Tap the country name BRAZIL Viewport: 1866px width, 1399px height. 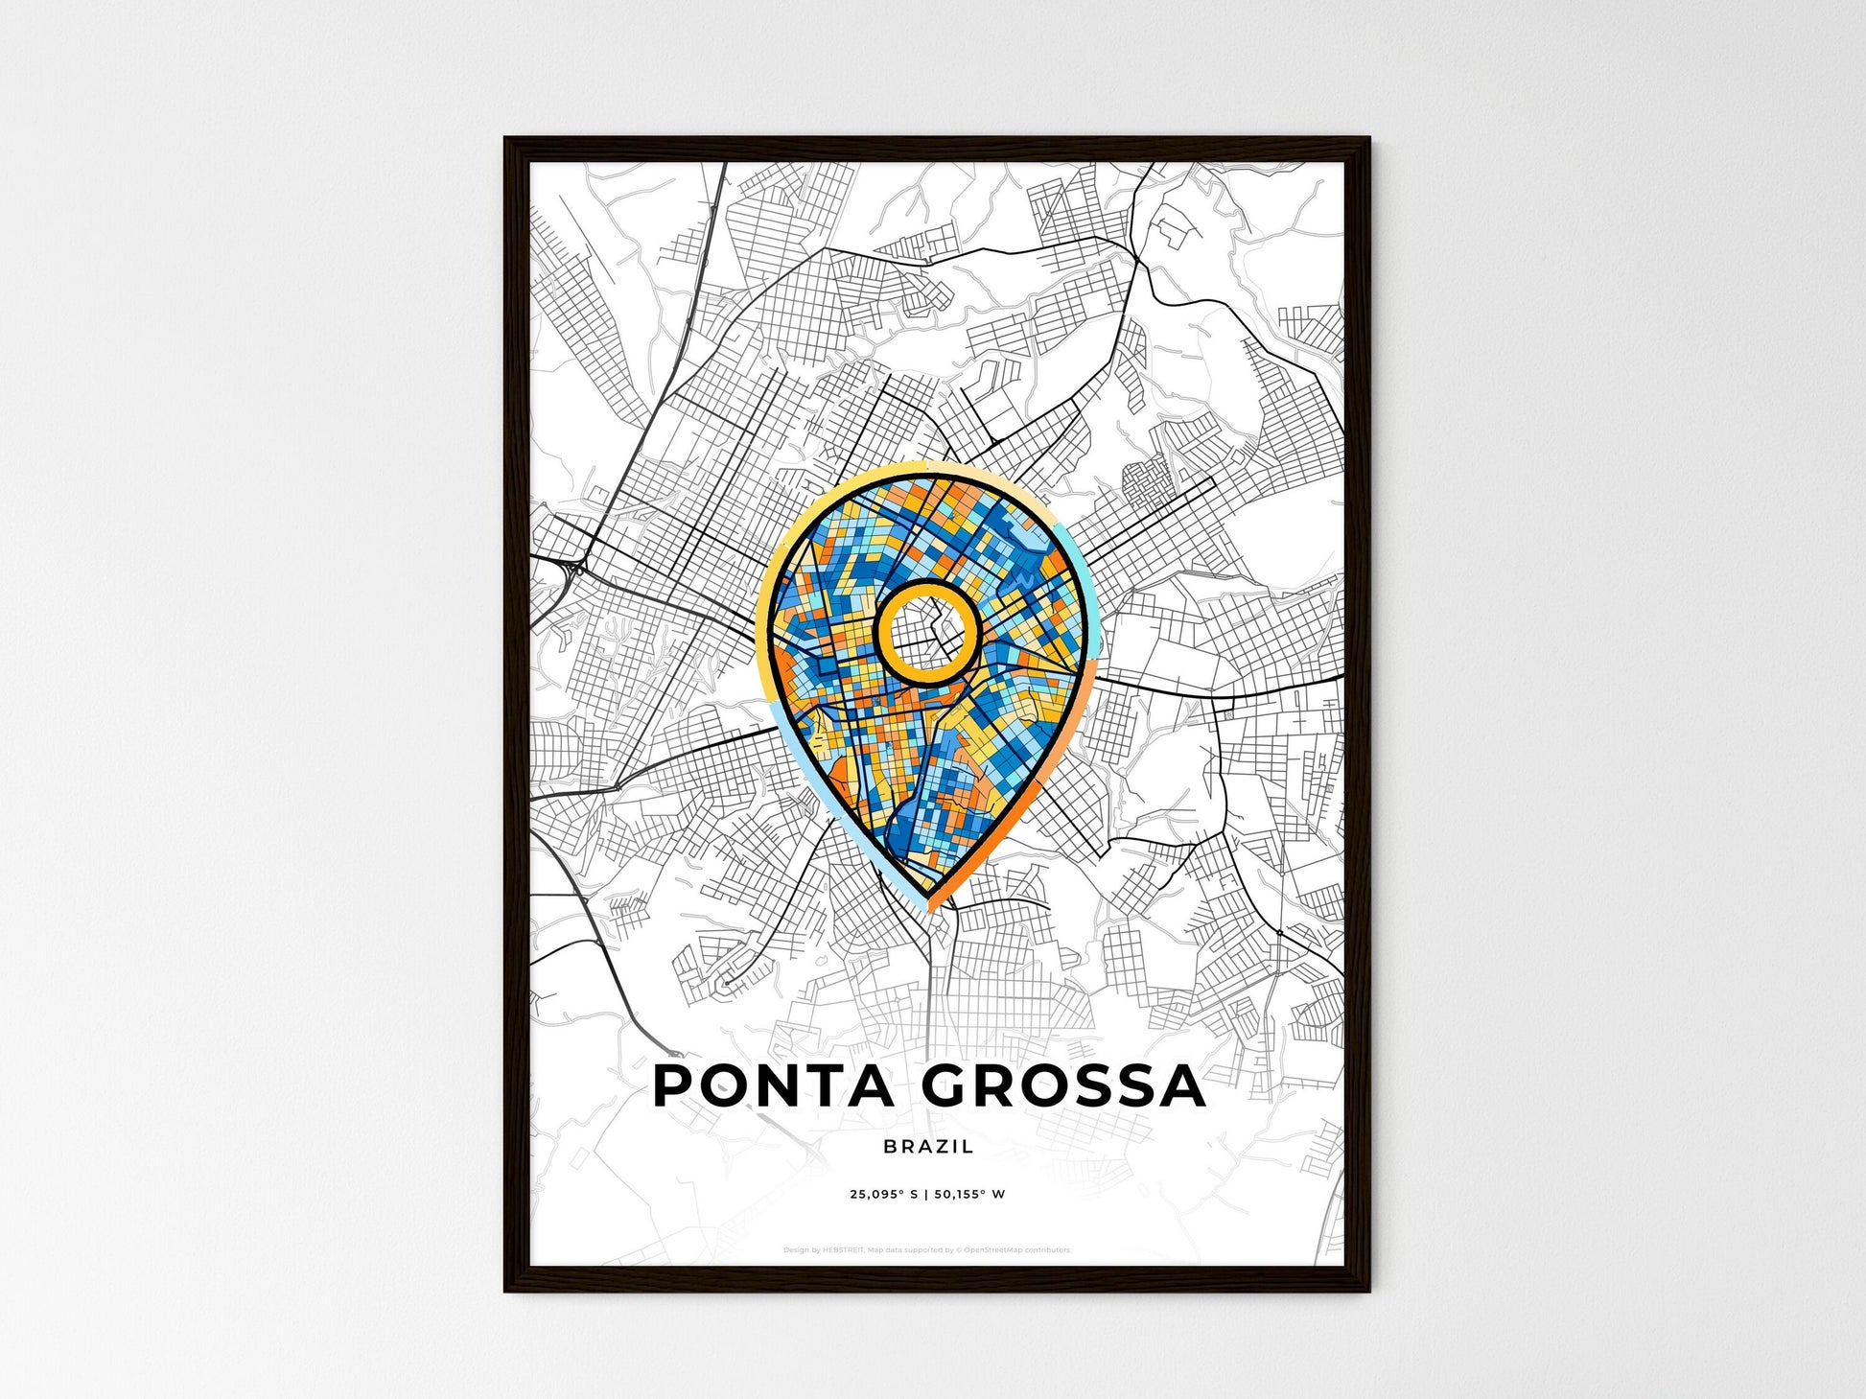[928, 1146]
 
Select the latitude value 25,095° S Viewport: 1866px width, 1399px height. [883, 1195]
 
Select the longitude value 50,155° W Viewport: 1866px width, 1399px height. [971, 1195]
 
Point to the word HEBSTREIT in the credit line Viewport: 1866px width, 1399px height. [843, 1250]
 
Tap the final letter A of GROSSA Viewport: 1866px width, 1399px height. [1183, 1085]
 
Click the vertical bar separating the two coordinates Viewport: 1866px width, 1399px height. [927, 1195]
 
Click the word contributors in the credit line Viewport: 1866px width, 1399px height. [1046, 1250]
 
